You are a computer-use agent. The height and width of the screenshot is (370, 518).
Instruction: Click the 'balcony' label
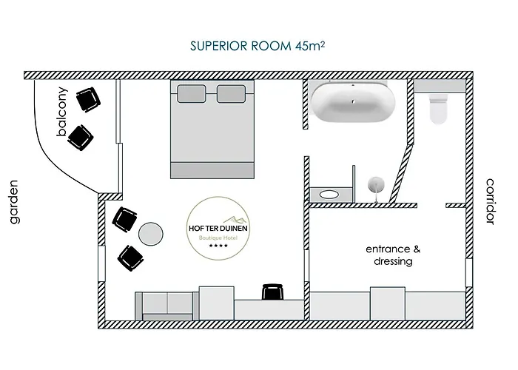coord(62,112)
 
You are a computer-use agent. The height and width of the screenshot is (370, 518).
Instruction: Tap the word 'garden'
coord(13,202)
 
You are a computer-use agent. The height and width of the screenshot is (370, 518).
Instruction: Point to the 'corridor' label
coord(490,201)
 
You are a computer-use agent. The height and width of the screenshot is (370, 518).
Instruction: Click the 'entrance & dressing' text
coord(393,255)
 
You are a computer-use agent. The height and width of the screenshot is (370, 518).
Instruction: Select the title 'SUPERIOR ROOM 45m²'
coord(258,46)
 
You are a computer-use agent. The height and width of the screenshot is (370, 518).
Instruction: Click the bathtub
coord(353,102)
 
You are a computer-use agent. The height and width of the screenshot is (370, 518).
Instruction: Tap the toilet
coord(438,109)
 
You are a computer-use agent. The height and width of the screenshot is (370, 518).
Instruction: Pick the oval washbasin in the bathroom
coord(329,195)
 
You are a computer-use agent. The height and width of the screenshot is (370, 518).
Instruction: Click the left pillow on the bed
coord(192,94)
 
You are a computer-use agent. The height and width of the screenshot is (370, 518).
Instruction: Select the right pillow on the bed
coord(231,94)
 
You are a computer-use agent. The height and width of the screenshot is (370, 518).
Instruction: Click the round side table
coord(151,234)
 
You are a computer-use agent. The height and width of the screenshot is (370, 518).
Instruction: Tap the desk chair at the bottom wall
coord(273,292)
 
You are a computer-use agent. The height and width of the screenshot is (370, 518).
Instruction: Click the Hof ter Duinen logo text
coord(218,228)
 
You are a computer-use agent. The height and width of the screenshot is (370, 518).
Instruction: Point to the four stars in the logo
coord(218,246)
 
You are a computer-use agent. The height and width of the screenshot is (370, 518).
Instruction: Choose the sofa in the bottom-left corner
coord(167,306)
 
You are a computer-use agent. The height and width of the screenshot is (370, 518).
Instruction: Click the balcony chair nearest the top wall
coord(88,99)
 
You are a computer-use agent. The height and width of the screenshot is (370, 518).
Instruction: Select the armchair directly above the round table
coord(124,219)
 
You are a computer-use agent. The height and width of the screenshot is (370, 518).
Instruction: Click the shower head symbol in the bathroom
coord(376,184)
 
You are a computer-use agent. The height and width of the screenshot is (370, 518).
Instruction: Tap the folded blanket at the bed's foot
coord(212,170)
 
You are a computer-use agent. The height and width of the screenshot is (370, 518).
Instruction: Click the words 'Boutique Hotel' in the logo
coord(218,238)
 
